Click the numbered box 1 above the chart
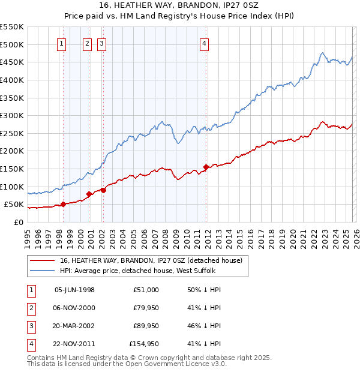tap(62, 43)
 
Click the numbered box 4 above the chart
tap(205, 43)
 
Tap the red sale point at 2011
tap(206, 167)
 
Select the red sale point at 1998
tap(63, 204)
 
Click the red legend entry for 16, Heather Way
tap(151, 260)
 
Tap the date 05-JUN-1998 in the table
tap(74, 290)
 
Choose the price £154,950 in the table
tap(144, 344)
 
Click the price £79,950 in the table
tap(146, 308)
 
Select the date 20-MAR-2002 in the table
tap(74, 326)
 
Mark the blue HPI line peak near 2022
tap(323, 53)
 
